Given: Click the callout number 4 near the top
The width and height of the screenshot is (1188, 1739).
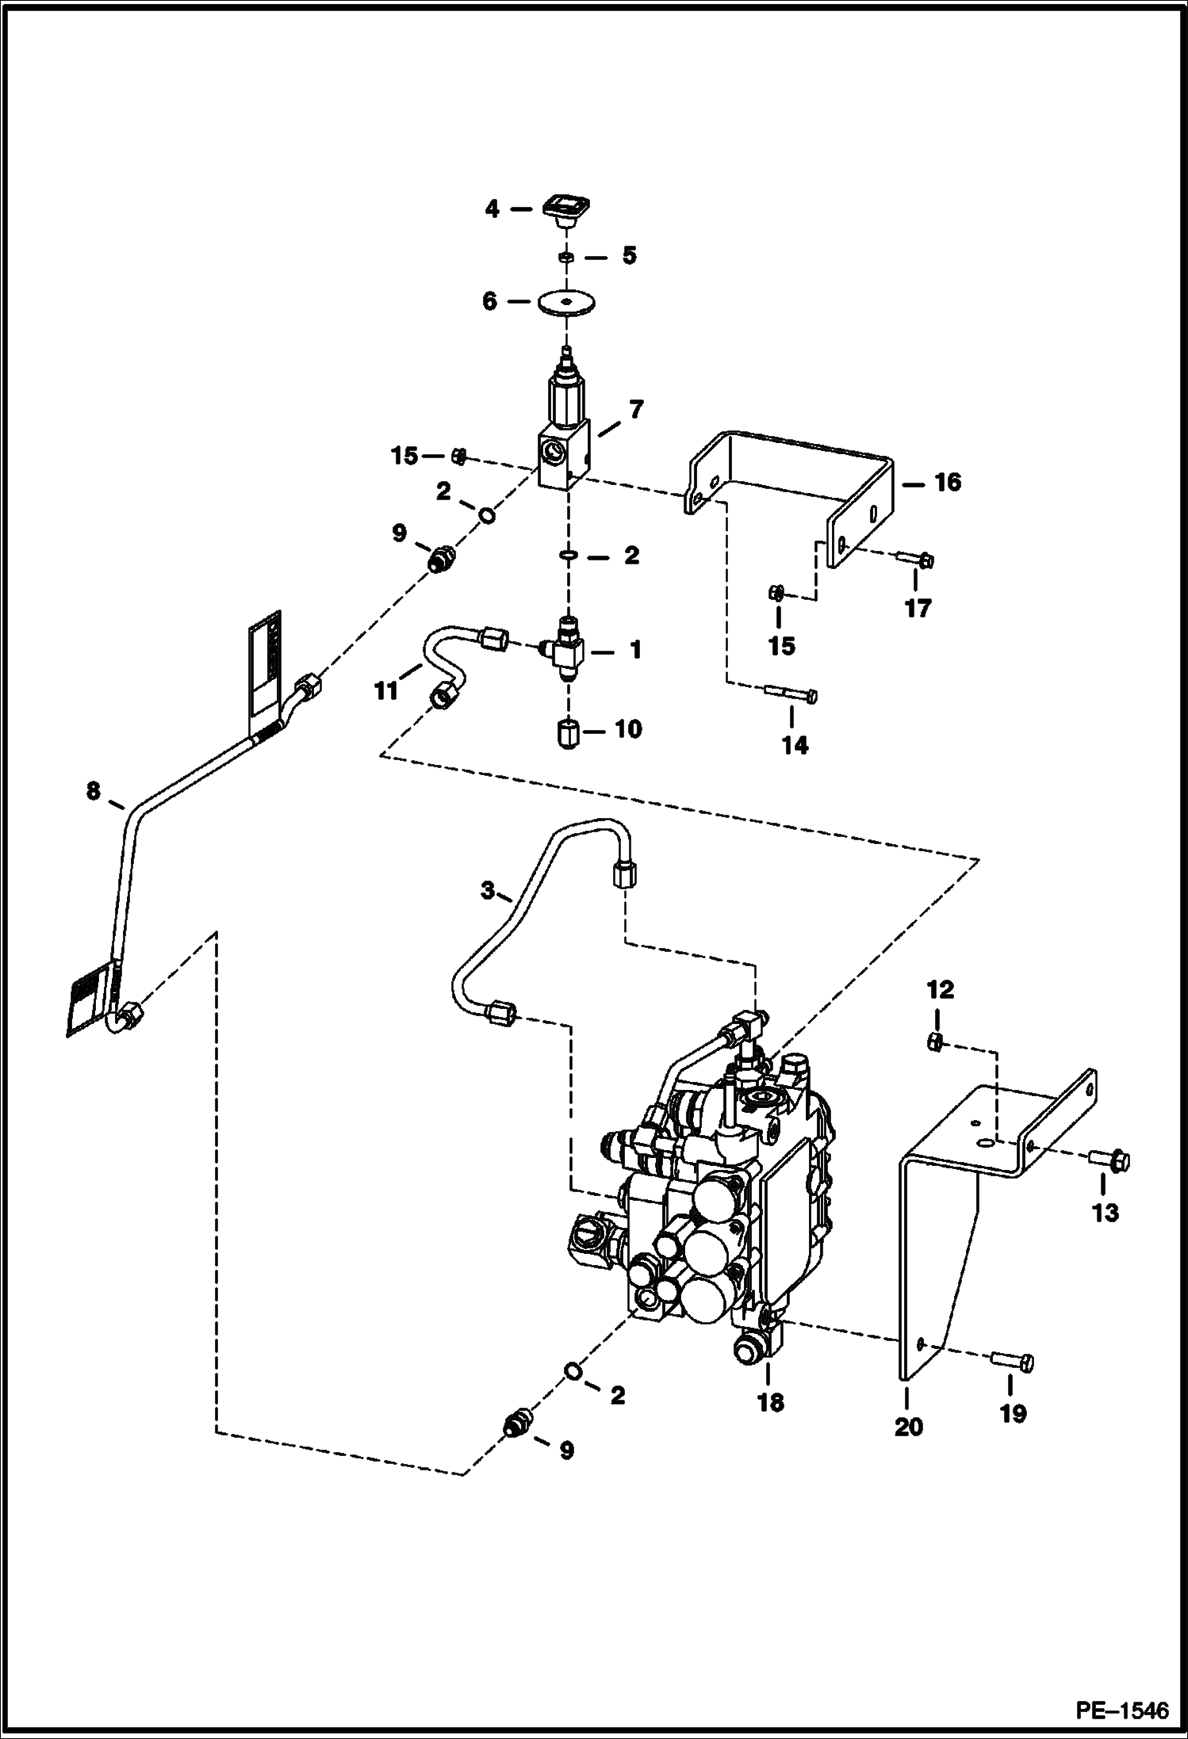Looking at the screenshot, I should tap(492, 209).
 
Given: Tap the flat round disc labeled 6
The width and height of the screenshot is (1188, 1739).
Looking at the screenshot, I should tap(566, 304).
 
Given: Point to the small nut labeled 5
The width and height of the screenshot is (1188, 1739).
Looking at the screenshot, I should tap(566, 257).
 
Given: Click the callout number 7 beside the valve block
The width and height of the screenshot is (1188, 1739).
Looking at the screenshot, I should tap(636, 410).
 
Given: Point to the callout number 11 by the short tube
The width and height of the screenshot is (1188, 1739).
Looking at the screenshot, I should tap(385, 691).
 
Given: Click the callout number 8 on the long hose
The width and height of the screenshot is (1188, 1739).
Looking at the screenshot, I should tap(94, 790).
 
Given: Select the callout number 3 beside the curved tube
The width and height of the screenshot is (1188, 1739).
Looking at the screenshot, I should tap(488, 891).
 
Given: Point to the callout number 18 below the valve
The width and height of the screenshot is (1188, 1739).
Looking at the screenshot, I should tap(770, 1402).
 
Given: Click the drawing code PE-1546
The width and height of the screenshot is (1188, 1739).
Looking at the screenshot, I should tap(1121, 1711).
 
